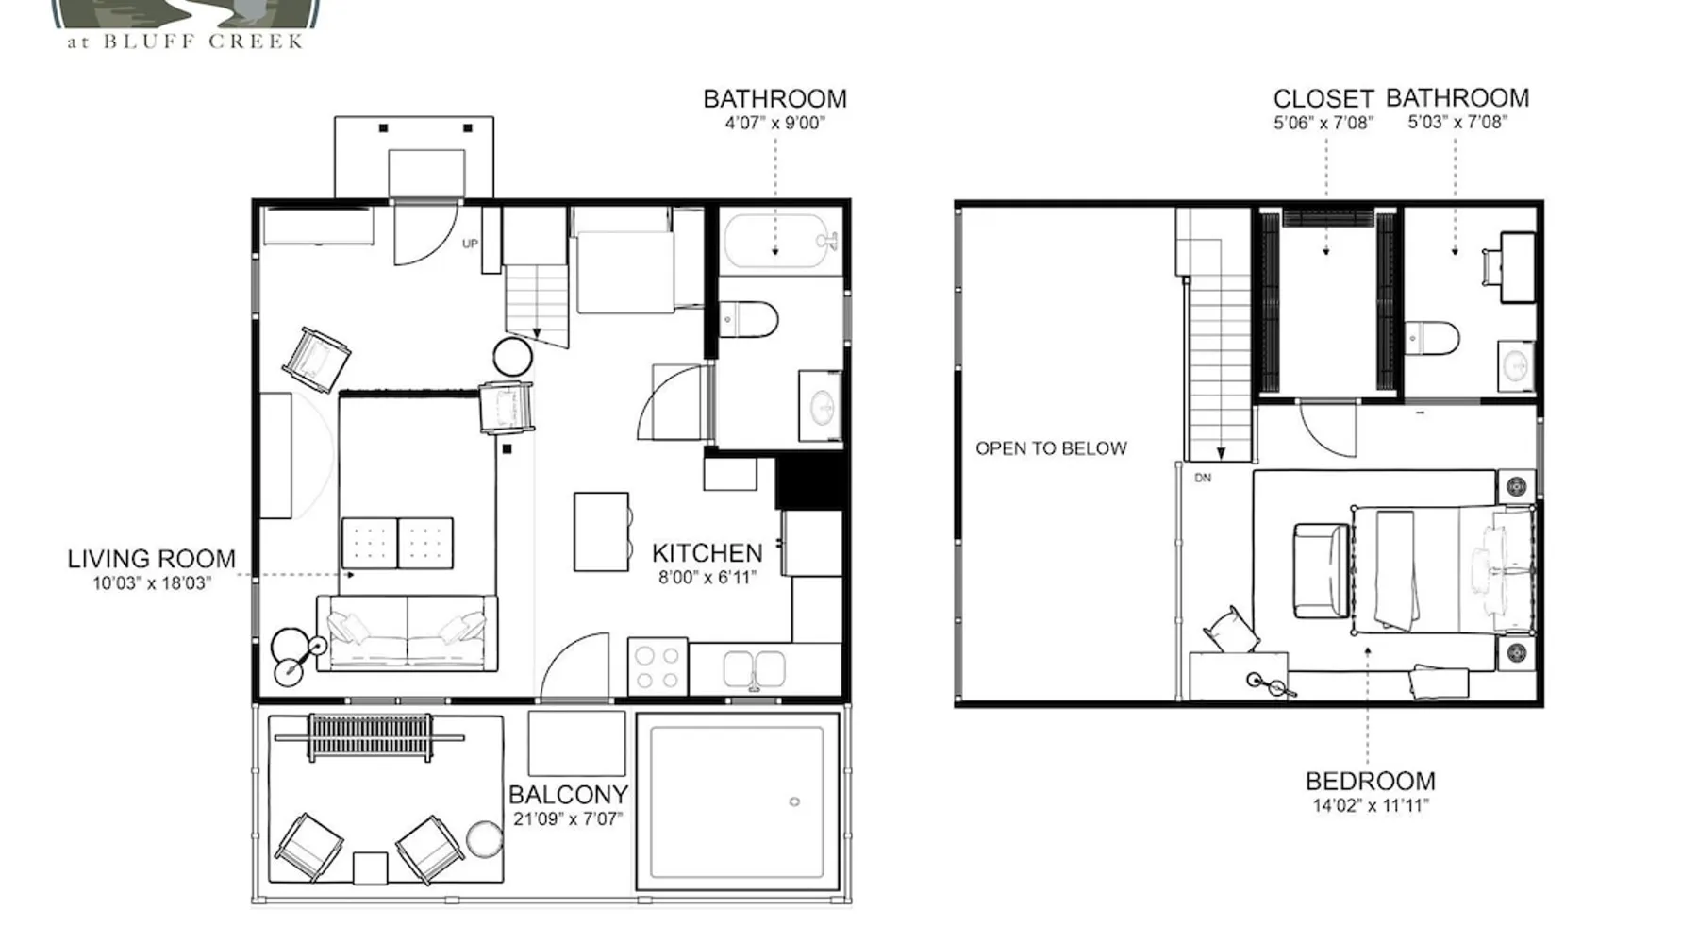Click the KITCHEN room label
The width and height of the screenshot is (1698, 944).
point(707,553)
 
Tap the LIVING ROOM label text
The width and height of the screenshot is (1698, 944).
point(152,559)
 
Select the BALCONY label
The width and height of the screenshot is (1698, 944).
point(568,795)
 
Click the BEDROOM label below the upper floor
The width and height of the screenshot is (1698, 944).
point(1370,782)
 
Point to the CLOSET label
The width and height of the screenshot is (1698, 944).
point(1323,99)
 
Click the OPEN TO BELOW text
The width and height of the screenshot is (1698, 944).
point(1051,448)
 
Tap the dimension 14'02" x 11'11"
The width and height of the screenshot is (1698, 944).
point(1371,806)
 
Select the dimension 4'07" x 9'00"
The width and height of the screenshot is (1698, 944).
point(774,123)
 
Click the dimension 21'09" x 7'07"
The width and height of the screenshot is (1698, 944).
point(568,819)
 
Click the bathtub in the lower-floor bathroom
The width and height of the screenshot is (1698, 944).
point(779,242)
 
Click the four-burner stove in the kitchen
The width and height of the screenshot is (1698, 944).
point(658,666)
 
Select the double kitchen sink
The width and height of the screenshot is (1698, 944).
point(754,669)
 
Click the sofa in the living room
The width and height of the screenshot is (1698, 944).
point(407,632)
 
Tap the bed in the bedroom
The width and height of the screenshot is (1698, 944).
point(1442,569)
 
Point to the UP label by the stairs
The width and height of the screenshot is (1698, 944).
point(470,244)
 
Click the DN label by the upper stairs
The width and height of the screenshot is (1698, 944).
point(1203,478)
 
